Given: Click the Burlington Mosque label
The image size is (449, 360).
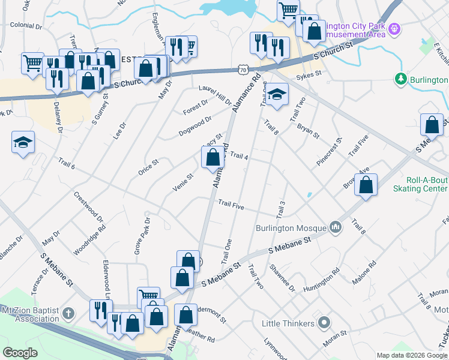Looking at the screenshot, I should tap(291, 228).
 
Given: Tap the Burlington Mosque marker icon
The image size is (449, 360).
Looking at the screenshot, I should tap(335, 227).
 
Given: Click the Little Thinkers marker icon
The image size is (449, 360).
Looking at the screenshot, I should tap(324, 323).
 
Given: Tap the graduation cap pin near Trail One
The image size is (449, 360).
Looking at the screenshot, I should tap(276, 95).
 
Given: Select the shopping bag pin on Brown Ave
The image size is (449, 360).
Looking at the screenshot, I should tap(366, 185).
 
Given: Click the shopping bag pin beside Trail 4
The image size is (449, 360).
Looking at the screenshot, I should tap(212, 158).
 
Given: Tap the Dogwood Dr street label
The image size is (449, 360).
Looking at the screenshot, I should tap(195, 126).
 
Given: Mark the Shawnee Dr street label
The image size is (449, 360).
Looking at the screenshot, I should tap(282, 278).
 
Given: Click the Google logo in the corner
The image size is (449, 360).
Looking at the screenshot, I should tap(20, 353).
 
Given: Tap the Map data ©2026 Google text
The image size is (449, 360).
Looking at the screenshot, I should tap(411, 355).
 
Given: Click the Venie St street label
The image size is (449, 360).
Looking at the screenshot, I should tap(182, 182).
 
